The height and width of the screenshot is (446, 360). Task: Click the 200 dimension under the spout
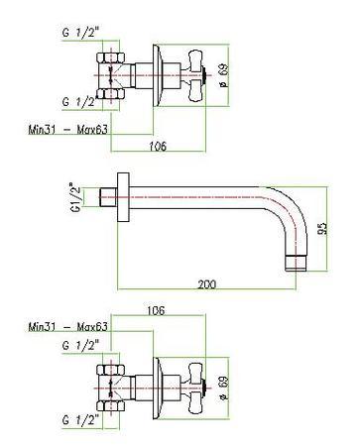click(x=206, y=284)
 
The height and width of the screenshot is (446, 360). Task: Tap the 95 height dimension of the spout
click(x=321, y=229)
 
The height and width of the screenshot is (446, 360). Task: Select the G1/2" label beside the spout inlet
click(x=75, y=197)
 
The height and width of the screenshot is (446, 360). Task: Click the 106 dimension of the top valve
click(x=158, y=146)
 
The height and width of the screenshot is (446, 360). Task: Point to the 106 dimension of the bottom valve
click(x=156, y=310)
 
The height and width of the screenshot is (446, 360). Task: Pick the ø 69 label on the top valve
click(x=223, y=75)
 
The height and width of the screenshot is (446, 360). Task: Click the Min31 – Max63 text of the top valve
click(x=67, y=129)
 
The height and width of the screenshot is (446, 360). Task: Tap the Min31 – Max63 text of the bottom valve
click(x=67, y=327)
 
